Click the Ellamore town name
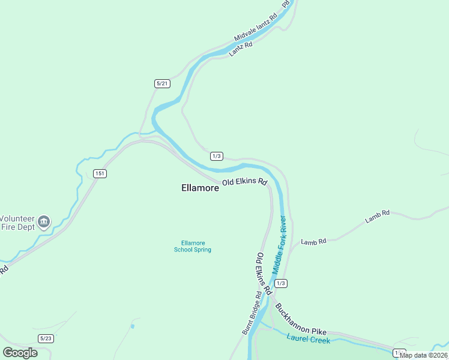[200, 188]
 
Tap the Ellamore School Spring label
[193, 246]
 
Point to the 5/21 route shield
[162, 83]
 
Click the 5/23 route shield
[46, 338]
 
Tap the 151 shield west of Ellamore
[100, 173]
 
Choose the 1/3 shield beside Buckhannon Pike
[280, 283]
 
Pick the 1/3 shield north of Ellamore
[217, 156]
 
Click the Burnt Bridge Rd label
[252, 313]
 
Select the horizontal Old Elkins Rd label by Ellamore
[244, 181]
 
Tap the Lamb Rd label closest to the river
[313, 242]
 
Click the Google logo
[20, 353]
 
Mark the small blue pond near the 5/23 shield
[133, 326]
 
